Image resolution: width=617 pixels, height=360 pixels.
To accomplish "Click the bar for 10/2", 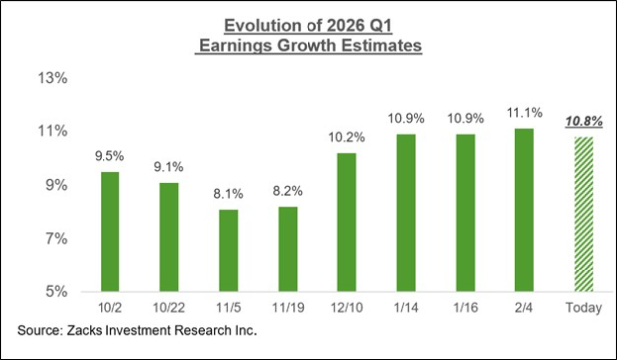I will (110, 232).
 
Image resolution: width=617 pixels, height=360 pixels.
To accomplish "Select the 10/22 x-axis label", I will (169, 309).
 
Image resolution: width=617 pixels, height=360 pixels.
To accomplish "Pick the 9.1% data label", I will (171, 166).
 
